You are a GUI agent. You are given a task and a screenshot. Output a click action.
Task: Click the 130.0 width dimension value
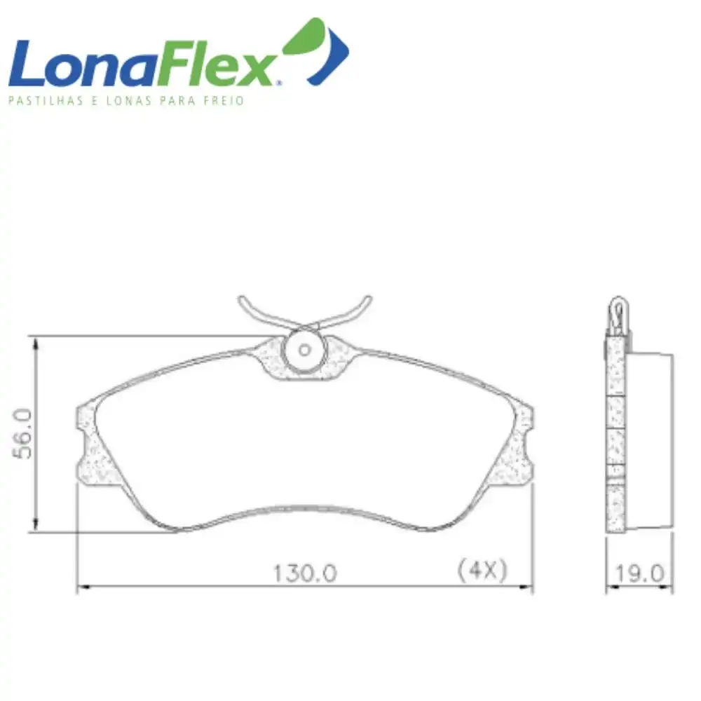coord(305,573)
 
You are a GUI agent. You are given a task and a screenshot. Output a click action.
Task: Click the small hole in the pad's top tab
coord(304,349)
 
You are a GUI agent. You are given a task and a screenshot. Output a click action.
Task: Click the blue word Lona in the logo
coord(77,65)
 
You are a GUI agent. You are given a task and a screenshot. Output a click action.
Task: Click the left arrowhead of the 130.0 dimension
coord(81,588)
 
